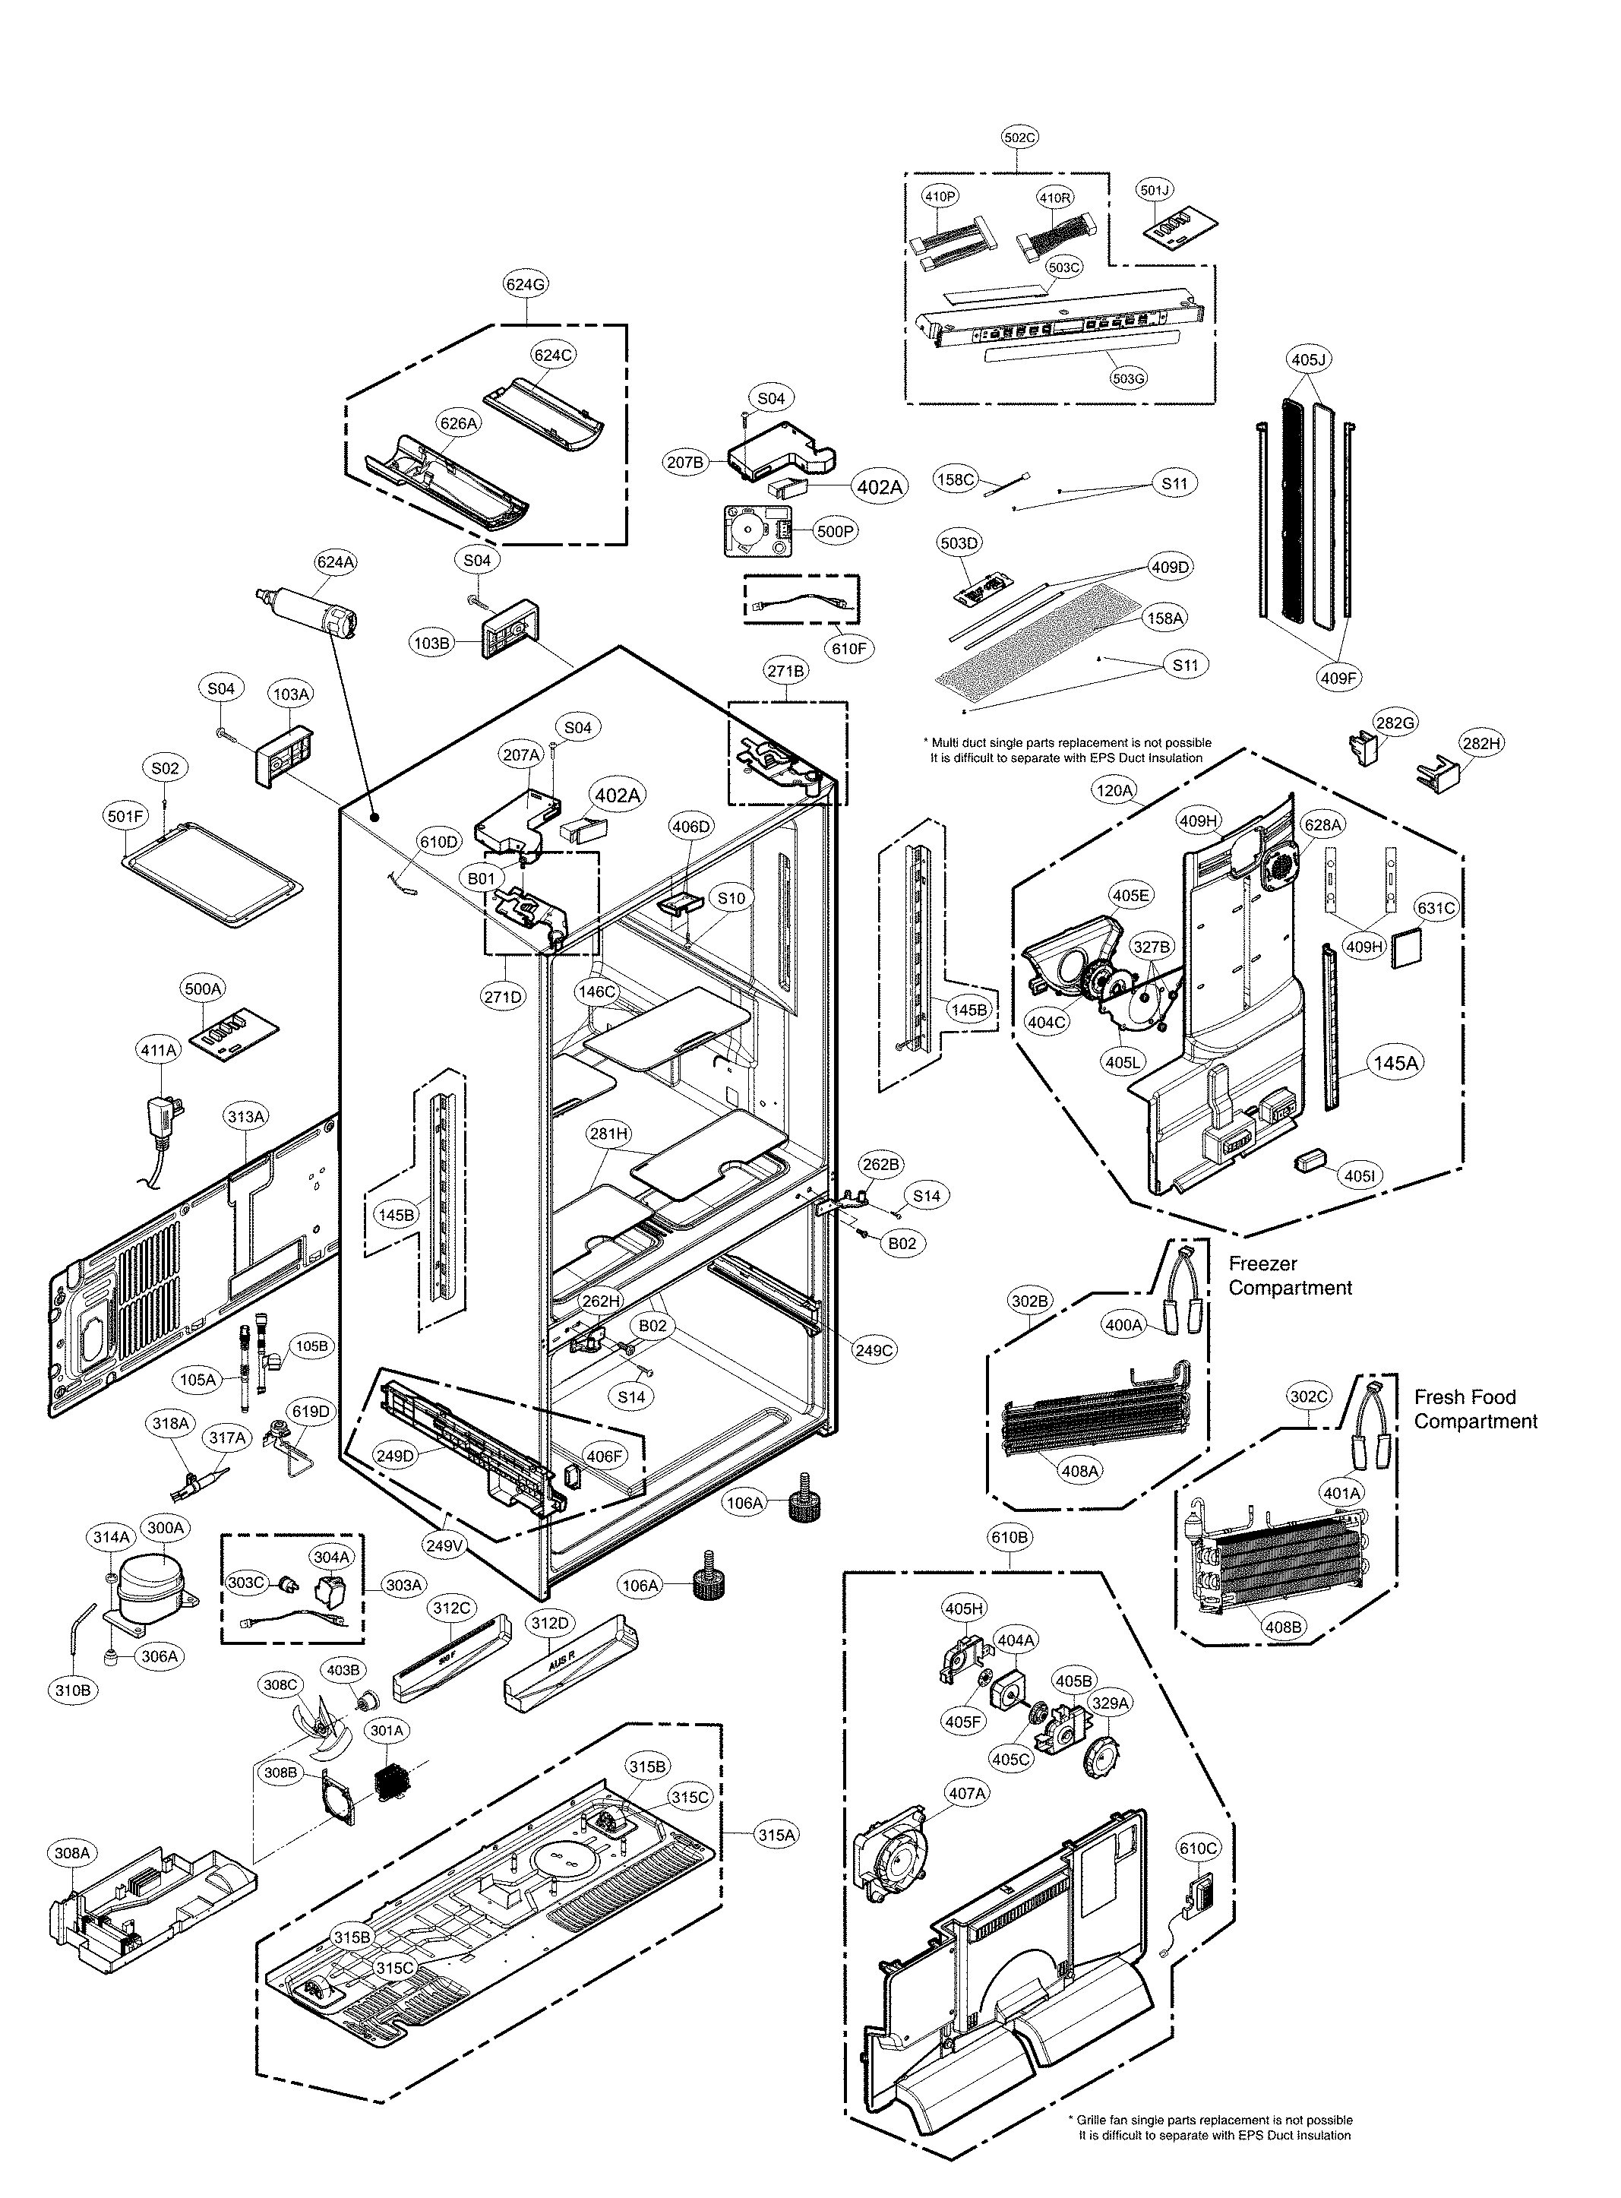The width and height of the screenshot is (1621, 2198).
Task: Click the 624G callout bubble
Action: coord(525,285)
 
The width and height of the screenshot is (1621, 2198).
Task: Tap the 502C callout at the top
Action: coord(1019,138)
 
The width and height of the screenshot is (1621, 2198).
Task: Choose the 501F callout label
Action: coord(125,814)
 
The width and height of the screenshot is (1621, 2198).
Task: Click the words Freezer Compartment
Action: coord(1289,1276)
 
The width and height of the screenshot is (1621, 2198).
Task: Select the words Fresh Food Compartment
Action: coord(1475,1409)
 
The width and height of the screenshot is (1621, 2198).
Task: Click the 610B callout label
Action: coord(1009,1538)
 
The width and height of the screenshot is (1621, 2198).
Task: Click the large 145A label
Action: coord(1395,1063)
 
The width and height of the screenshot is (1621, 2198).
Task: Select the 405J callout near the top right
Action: coord(1308,360)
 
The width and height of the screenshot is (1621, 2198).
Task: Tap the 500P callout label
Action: coord(836,532)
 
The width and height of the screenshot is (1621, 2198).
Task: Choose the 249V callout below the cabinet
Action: coord(444,1546)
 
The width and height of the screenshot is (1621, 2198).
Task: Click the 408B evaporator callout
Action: coord(1284,1627)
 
